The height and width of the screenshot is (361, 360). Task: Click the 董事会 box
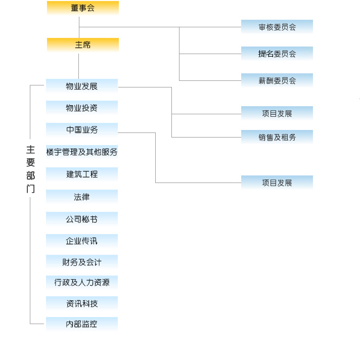[83, 8]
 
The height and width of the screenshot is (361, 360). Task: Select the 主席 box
[83, 44]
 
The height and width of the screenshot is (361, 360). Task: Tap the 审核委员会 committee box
[277, 27]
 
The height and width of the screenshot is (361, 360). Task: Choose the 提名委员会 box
[277, 54]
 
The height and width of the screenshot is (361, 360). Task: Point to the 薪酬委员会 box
[277, 80]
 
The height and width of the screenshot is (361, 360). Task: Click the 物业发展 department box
[82, 86]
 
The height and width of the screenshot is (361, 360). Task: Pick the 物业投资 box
[82, 108]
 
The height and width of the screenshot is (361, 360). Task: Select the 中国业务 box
[82, 130]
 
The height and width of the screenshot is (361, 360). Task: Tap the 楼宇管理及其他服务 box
[82, 152]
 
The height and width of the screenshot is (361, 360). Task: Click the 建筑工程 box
[82, 174]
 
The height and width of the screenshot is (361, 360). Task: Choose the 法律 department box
[82, 197]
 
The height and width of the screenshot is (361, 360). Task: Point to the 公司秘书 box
[82, 219]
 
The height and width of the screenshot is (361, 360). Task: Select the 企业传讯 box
[82, 241]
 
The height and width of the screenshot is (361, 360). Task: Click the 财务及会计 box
[82, 262]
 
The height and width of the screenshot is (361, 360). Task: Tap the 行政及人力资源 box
[82, 282]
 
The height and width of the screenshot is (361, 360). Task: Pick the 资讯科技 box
[82, 303]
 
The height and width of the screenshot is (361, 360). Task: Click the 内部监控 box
[82, 324]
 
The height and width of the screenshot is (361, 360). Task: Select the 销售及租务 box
[277, 137]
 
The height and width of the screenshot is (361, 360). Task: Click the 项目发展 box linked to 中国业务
[277, 183]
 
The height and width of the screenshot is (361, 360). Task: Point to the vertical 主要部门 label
[31, 169]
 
